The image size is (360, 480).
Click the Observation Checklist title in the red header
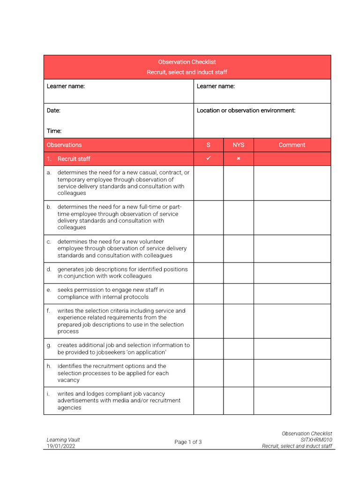pos(187,62)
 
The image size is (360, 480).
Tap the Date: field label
pos(53,111)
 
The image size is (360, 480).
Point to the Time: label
pos(54,131)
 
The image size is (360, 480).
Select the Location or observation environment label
pos(246,111)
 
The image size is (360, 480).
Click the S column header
pos(209,145)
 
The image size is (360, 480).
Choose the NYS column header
pos(239,145)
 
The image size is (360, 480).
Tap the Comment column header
pos(292,145)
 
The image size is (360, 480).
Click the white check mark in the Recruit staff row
pos(209,158)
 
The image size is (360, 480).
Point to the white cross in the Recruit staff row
pos(239,159)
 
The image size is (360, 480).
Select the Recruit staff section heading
pos(74,159)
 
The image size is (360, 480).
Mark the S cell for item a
pos(209,183)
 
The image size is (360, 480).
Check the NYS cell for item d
pos(239,273)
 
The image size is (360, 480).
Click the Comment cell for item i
pos(292,401)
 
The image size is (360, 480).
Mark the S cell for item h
pos(209,373)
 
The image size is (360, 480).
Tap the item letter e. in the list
pos(49,290)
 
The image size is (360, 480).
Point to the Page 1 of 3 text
pos(188,442)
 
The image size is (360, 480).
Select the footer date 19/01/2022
pos(61,446)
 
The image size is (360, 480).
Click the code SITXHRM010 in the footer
pos(316,440)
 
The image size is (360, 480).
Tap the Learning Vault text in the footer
pos(63,440)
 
